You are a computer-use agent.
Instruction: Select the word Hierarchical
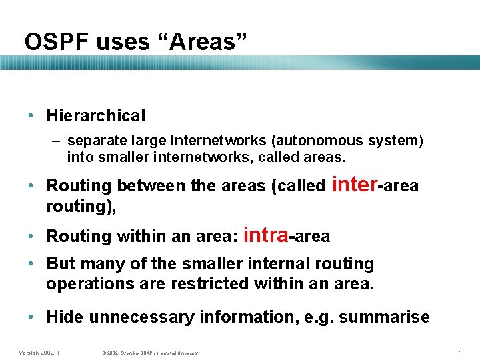[x=95, y=116]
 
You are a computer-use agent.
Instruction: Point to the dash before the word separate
[x=57, y=141]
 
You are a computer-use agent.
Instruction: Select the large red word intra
[x=266, y=235]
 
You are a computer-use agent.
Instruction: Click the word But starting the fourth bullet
[x=61, y=264]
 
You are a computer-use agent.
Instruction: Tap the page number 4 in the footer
[x=459, y=352]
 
